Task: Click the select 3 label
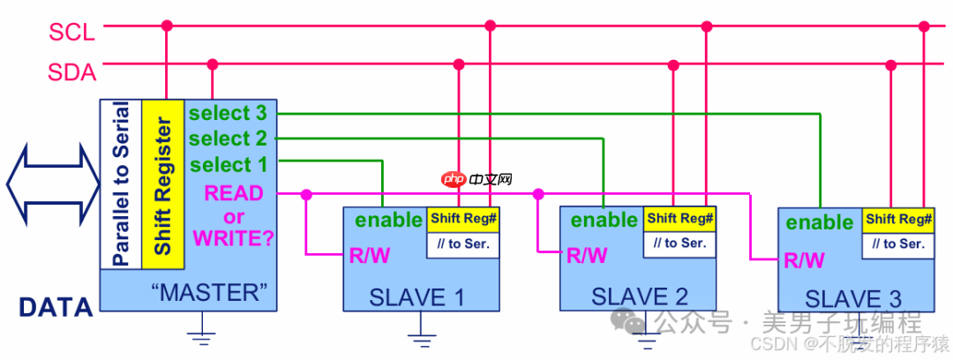228,113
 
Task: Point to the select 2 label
228,139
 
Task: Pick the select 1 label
228,164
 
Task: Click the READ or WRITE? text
234,214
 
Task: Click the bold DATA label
56,307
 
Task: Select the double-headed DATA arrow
51,185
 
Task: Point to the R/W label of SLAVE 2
587,256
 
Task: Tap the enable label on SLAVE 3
820,222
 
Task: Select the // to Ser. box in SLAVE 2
680,243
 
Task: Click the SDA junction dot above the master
212,64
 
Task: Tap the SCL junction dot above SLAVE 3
924,26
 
